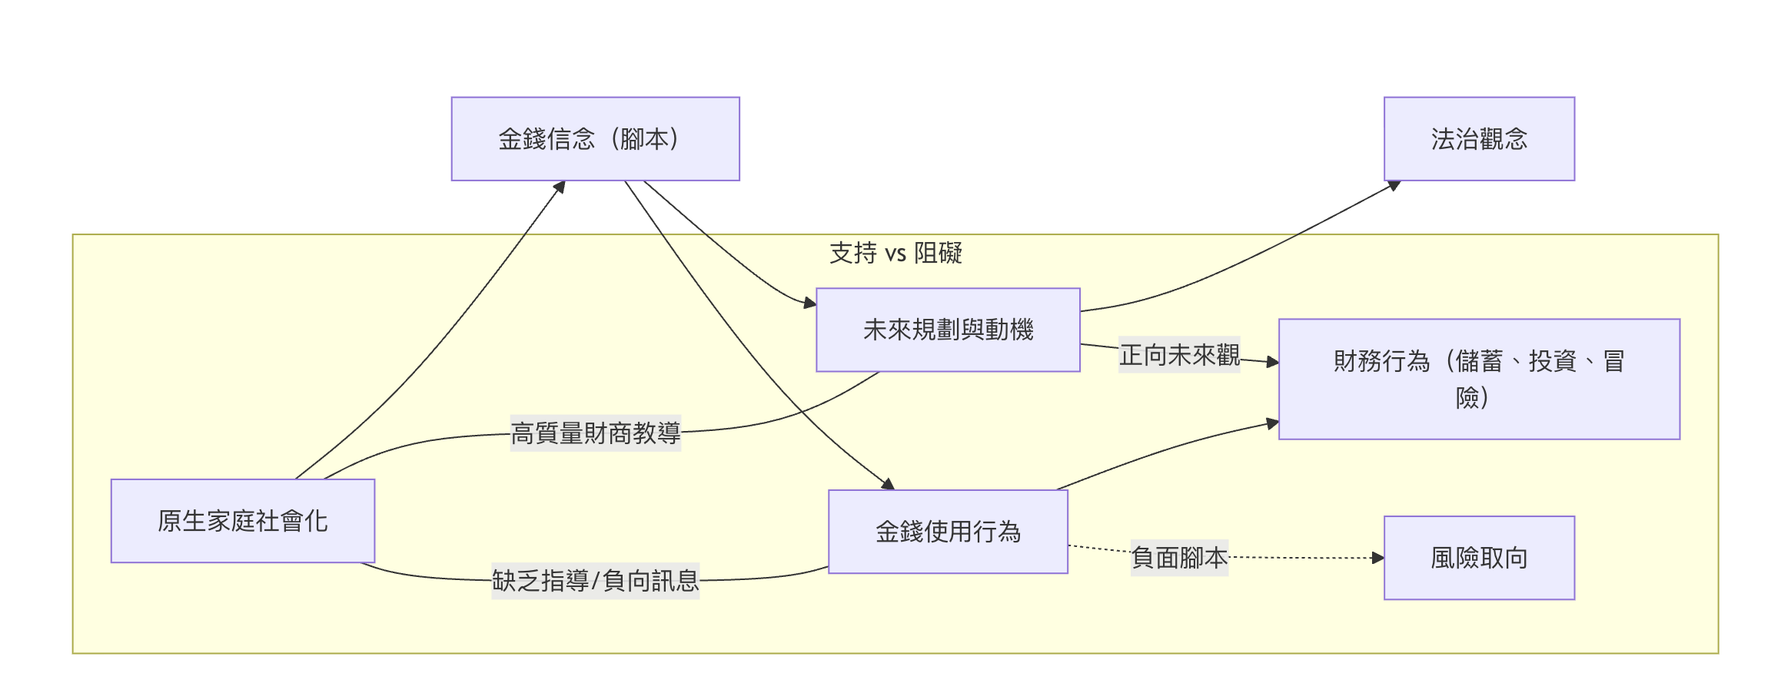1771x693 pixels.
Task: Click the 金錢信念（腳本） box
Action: click(595, 139)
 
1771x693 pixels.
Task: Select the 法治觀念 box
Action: click(1479, 139)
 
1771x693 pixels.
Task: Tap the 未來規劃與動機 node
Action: click(948, 330)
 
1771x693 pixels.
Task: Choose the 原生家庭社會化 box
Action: click(243, 521)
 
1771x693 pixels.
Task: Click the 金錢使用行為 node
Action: click(948, 532)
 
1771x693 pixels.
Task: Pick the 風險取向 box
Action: click(1479, 558)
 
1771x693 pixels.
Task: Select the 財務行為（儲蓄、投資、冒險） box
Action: click(1479, 379)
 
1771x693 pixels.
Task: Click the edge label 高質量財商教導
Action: click(596, 433)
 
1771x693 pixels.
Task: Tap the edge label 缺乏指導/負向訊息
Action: click(596, 581)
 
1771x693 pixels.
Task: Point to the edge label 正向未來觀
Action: click(1179, 355)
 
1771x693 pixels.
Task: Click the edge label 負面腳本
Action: click(1179, 558)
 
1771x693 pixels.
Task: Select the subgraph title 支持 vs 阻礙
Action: click(895, 253)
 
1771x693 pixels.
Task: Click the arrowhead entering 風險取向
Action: click(1377, 558)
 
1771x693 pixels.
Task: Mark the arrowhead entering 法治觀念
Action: click(1393, 186)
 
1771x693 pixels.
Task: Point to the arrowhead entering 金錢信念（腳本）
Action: click(560, 187)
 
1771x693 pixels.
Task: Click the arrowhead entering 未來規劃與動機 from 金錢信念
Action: click(809, 303)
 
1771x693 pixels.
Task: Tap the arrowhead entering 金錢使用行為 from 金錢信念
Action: click(889, 484)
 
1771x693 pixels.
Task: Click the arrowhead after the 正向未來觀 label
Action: click(1272, 361)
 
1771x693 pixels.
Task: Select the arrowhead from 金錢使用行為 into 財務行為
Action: click(1272, 423)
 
